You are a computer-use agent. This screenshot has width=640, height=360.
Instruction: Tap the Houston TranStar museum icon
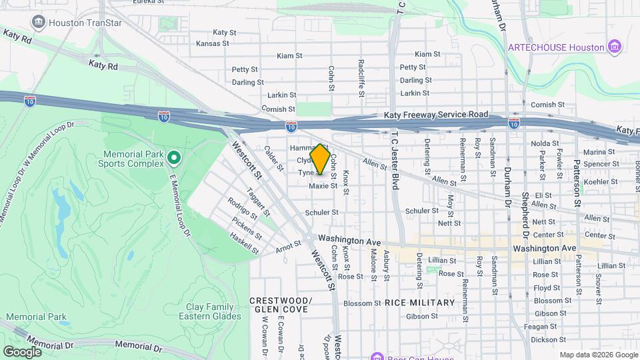pos(37,22)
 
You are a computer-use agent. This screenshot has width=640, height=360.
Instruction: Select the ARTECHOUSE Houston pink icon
pos(615,47)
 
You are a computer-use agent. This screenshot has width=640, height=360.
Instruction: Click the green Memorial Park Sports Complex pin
pos(174,158)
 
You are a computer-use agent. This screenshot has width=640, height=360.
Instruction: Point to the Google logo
pos(22,351)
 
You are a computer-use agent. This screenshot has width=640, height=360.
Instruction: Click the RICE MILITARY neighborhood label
pos(419,303)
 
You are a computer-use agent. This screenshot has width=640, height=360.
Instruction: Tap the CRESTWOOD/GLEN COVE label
pos(279,305)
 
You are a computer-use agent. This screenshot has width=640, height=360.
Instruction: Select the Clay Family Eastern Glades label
pos(209,311)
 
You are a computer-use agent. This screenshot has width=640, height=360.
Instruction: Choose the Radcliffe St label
pos(361,79)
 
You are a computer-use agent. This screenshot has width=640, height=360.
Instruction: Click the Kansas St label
pos(213,43)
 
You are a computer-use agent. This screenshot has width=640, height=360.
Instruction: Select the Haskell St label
pos(244,243)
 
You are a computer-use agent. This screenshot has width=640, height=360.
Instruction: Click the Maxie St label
pos(323,186)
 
